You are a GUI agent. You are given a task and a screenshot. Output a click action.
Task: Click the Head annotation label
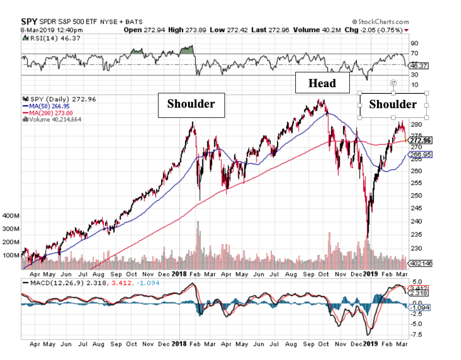coord(322,83)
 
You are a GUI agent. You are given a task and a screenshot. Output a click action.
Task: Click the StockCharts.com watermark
coord(380,22)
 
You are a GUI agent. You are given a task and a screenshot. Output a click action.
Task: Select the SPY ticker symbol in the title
coord(28,22)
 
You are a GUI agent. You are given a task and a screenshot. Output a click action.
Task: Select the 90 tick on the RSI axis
coord(413,44)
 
